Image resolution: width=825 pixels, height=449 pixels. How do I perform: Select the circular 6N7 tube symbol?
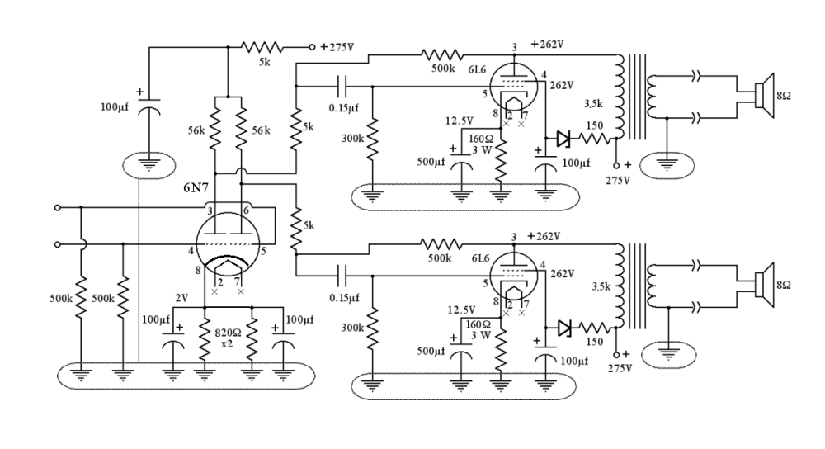(x=227, y=247)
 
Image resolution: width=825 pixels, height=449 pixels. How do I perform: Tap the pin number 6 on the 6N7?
(x=246, y=212)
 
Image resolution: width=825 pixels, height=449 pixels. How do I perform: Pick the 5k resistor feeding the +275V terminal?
(x=262, y=48)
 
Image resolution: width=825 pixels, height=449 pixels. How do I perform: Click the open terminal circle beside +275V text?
(x=312, y=48)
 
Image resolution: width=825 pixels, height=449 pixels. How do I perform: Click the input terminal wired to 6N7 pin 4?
(x=57, y=244)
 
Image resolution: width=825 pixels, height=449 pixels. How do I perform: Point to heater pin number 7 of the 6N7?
(x=238, y=282)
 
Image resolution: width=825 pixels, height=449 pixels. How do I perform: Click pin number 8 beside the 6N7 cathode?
(x=198, y=270)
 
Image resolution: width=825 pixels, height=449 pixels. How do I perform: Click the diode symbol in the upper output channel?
(x=563, y=139)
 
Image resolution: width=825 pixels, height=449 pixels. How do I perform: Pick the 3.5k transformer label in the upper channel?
(x=595, y=106)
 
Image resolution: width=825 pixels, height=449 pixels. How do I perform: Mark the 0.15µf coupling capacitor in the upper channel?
(x=343, y=84)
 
